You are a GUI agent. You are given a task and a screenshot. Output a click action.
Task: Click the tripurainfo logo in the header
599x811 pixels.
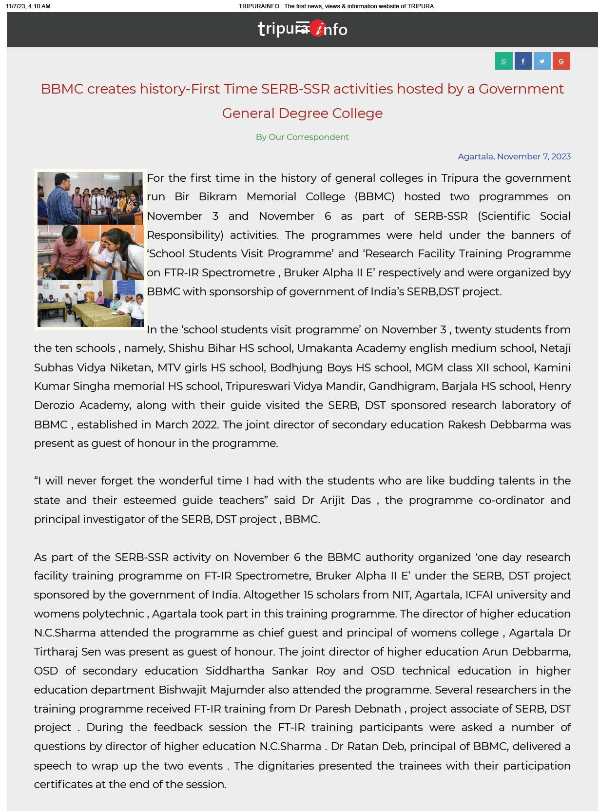[x=302, y=29]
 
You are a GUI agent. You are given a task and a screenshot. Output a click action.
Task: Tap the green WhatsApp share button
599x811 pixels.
[x=503, y=61]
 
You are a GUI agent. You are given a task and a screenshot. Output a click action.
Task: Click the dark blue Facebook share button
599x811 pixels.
[x=522, y=61]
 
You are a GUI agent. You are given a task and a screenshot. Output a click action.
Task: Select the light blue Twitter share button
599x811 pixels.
[x=542, y=61]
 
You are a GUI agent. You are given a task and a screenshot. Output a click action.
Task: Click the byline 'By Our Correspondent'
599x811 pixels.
[x=302, y=137]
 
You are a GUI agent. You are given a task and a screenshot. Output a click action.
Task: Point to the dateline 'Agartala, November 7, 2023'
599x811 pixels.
[x=514, y=156]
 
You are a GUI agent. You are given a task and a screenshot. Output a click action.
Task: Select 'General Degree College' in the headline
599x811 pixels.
[x=302, y=114]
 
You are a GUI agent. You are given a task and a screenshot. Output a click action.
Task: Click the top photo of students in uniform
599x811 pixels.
[x=91, y=198]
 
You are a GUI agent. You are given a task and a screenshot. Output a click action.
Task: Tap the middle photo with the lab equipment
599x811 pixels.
[x=91, y=252]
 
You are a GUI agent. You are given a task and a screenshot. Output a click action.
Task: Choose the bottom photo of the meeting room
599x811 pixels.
[x=91, y=303]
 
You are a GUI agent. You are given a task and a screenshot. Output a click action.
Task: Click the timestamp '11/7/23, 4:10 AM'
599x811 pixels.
[x=28, y=6]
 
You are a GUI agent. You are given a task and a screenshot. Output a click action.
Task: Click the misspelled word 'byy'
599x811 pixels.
[x=561, y=273]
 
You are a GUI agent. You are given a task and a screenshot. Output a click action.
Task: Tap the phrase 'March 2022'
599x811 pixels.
[x=186, y=425]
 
